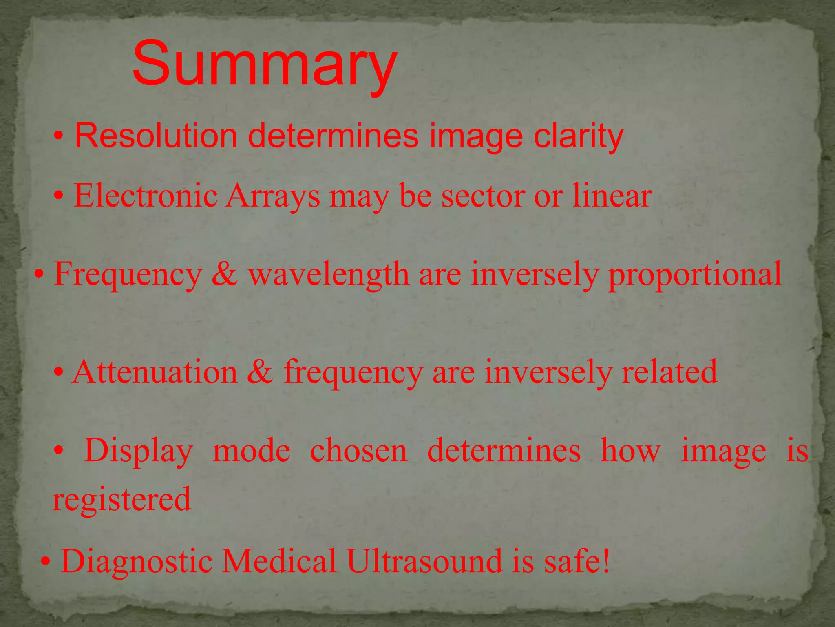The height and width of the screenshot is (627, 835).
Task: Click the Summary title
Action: point(265,64)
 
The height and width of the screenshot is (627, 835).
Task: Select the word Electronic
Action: point(146,196)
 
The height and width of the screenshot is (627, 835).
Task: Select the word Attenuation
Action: point(155,372)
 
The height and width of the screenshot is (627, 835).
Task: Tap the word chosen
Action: point(359,451)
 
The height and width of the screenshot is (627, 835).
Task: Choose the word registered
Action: point(122,499)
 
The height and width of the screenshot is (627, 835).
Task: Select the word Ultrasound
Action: point(424,561)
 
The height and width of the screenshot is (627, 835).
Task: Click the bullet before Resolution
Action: point(59,136)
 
